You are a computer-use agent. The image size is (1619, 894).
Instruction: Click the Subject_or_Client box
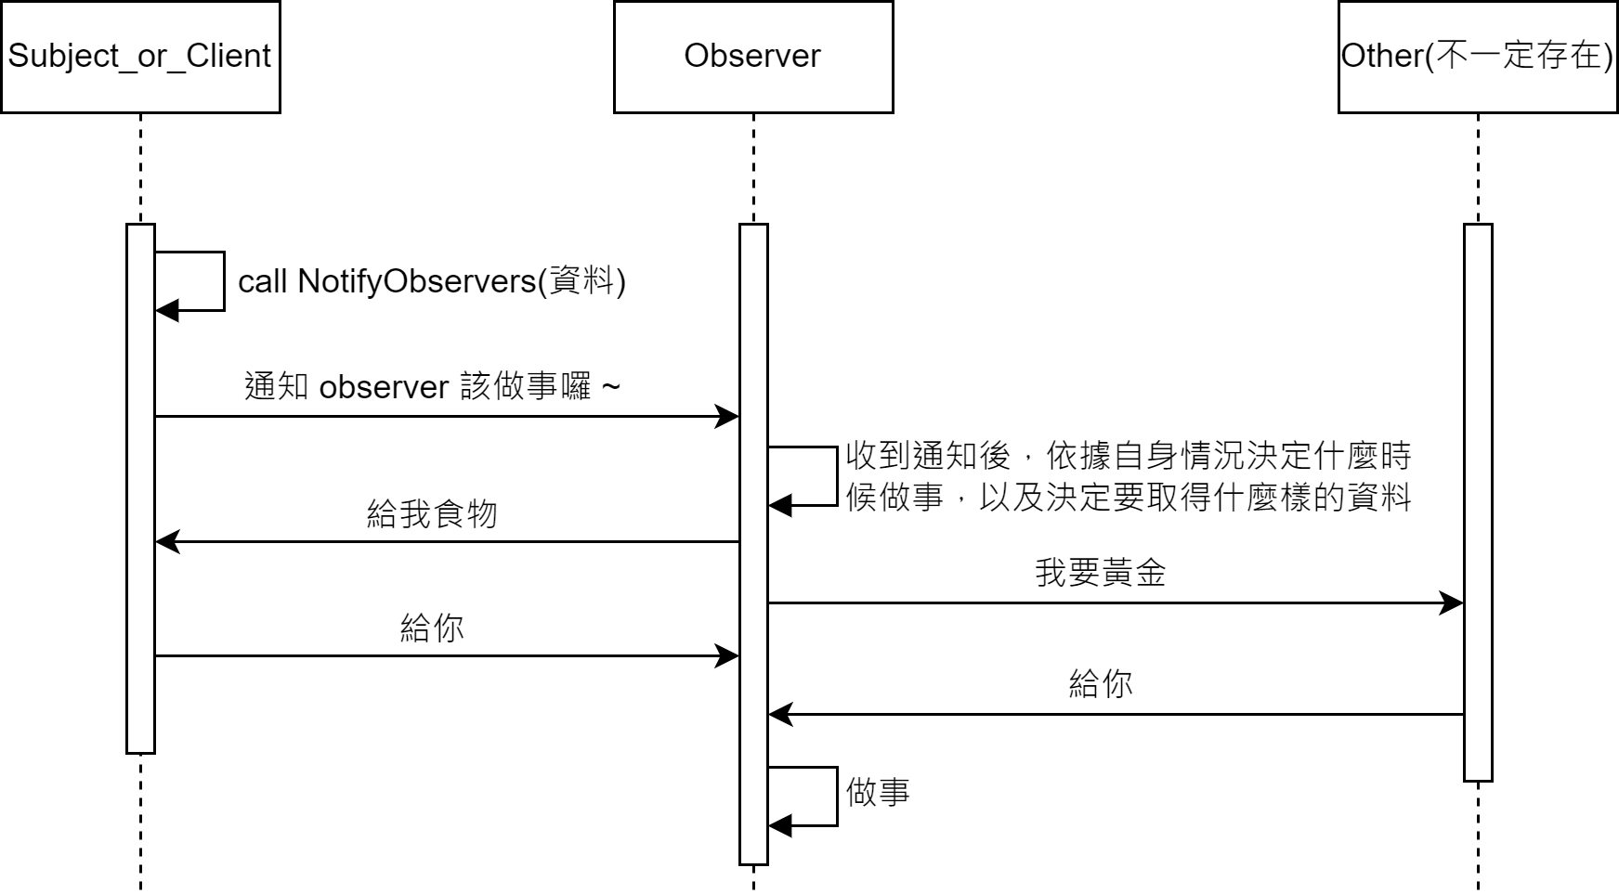point(140,57)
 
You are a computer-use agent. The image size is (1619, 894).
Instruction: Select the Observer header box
point(752,57)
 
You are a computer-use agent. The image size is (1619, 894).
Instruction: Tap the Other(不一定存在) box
point(1477,57)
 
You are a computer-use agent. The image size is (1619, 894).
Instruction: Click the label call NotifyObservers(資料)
point(432,281)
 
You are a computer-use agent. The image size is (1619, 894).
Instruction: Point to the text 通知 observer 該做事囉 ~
point(432,386)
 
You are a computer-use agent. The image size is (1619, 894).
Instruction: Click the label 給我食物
point(432,513)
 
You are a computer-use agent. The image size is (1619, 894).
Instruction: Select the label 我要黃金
point(1100,573)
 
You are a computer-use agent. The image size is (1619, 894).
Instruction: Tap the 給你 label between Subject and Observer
point(432,628)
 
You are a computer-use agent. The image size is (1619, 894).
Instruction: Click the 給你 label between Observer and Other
point(1100,684)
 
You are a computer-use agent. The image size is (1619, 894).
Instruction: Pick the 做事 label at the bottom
point(878,792)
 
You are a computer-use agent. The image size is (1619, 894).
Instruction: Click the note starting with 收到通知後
point(1128,476)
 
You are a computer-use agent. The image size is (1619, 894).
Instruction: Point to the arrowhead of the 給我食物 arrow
point(167,541)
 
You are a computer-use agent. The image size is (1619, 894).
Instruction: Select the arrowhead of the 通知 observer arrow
point(727,416)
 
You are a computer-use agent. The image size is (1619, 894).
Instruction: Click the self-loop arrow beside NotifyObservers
point(223,281)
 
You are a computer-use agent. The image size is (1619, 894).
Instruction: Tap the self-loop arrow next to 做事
point(836,797)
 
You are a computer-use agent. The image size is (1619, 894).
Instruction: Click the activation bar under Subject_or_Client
point(140,487)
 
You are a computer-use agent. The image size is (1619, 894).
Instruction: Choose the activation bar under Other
point(1477,501)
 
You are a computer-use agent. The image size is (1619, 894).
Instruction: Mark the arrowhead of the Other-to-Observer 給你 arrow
point(780,714)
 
